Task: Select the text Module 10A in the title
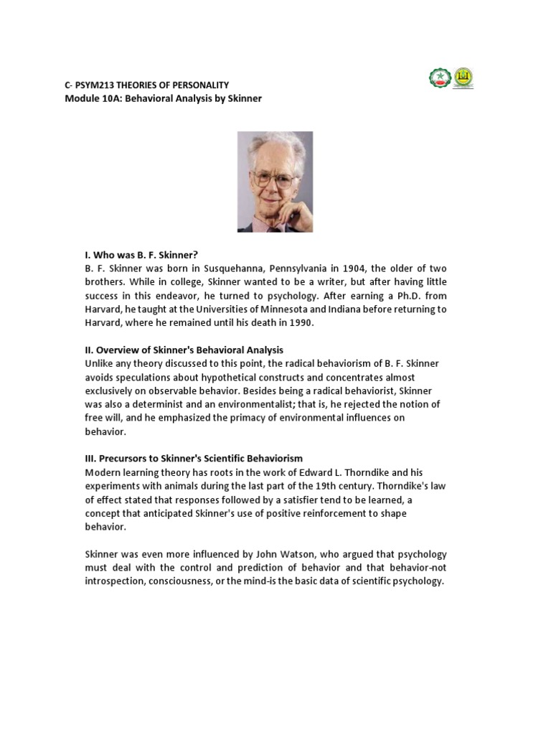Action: pyautogui.click(x=90, y=98)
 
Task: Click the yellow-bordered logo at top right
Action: pyautogui.click(x=463, y=78)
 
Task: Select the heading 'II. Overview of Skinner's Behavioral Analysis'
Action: pyautogui.click(x=184, y=350)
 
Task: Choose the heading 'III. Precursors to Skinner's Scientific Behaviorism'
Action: pyautogui.click(x=194, y=458)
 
